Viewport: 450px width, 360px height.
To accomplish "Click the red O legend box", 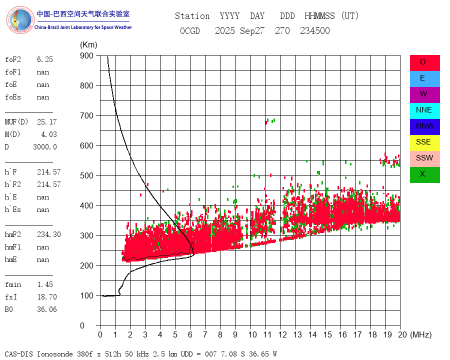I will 424,62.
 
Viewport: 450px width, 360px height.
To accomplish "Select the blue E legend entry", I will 424,78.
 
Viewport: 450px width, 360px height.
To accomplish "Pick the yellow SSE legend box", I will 424,142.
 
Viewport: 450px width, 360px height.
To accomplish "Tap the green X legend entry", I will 424,174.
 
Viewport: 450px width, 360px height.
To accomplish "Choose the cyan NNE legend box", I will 424,110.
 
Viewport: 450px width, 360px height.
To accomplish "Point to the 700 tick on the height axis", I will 87,115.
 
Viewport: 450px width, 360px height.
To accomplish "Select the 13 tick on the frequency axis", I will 297,334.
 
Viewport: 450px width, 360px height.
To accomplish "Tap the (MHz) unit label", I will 420,334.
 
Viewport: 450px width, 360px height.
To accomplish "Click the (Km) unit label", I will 88,45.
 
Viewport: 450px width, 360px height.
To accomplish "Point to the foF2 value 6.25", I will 44,59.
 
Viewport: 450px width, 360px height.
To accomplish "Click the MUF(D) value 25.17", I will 46,122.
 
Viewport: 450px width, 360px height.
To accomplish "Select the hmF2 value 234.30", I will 48,234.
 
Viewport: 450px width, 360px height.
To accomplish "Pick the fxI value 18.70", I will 46,297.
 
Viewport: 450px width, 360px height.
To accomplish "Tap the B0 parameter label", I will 10,309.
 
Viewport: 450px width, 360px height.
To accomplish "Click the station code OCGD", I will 189,31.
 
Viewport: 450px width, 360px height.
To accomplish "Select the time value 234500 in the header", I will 314,31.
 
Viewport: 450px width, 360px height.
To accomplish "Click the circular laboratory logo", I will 20,20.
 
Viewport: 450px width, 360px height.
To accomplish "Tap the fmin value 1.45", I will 44,284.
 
